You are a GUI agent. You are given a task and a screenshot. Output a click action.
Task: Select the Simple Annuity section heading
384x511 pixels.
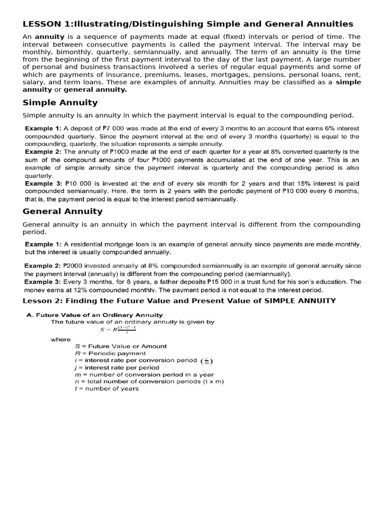[60, 103]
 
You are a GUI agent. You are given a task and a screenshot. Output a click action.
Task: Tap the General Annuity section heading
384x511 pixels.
[62, 211]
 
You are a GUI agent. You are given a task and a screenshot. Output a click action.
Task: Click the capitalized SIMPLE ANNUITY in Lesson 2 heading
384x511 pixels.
[300, 300]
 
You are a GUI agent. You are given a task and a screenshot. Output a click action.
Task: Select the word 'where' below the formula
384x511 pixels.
[60, 339]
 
